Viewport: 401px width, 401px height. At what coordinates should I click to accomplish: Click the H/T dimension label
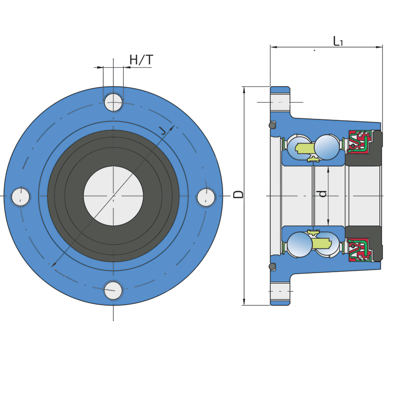[141, 60]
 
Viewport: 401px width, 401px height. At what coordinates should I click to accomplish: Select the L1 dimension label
[338, 41]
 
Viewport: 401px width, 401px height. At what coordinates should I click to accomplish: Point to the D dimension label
[239, 194]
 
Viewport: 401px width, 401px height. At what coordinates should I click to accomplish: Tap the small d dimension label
[323, 194]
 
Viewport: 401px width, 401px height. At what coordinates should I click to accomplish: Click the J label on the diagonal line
[162, 130]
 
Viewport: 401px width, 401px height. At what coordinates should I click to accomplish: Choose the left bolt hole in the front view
[21, 196]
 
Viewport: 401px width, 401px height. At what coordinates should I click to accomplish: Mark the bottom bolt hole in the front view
[113, 290]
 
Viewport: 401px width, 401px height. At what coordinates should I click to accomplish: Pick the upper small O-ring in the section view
[272, 125]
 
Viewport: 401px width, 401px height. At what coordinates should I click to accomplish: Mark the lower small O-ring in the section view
[272, 266]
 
